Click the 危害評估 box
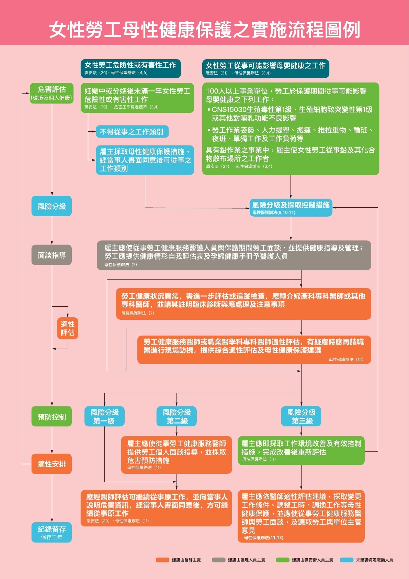pos(52,93)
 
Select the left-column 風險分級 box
pos(52,206)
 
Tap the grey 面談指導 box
pos(52,255)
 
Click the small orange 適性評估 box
pos(68,328)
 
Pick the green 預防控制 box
pos(52,416)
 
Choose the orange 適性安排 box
pos(52,464)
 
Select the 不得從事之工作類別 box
pos(132,132)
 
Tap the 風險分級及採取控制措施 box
pos(291,208)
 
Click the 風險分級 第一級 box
pos(105,416)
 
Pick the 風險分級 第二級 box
pos(177,416)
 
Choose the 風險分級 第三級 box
pos(301,416)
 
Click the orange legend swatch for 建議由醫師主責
pos(163,560)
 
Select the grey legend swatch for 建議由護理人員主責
pos(219,560)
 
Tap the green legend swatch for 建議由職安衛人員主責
pos(283,560)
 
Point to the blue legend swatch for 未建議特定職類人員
pos(347,560)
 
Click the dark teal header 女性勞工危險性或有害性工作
pos(130,68)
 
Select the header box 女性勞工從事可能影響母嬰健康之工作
pos(266,68)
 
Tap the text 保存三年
pos(52,537)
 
